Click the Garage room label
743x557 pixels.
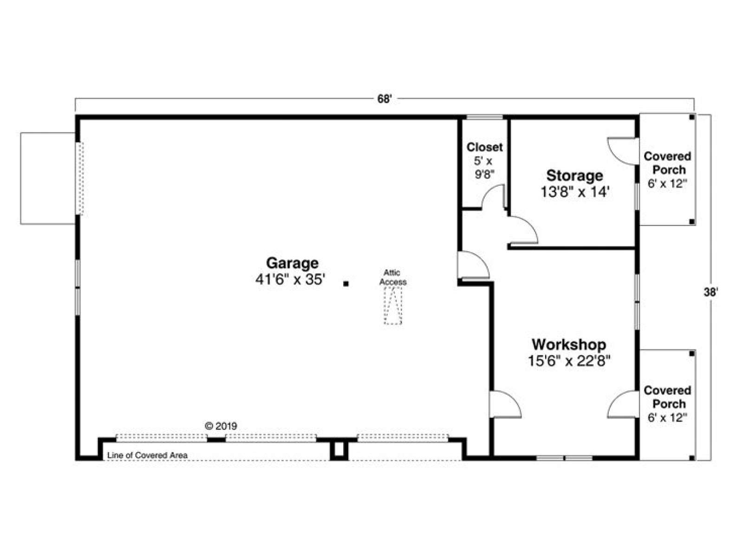[292, 263]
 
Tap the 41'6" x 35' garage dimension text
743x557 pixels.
[290, 280]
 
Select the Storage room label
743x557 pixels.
[575, 176]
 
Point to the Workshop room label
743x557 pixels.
[569, 344]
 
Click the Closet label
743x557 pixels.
[485, 147]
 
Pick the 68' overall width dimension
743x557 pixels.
[385, 99]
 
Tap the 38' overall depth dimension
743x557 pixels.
[711, 292]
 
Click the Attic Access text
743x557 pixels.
[393, 277]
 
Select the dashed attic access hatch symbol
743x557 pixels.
[393, 306]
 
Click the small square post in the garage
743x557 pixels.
[345, 284]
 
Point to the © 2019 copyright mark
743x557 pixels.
[221, 426]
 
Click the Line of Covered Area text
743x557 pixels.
[147, 455]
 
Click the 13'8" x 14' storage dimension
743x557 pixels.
[575, 192]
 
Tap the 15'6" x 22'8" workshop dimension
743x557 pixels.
[569, 361]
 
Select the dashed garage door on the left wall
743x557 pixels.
[79, 178]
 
